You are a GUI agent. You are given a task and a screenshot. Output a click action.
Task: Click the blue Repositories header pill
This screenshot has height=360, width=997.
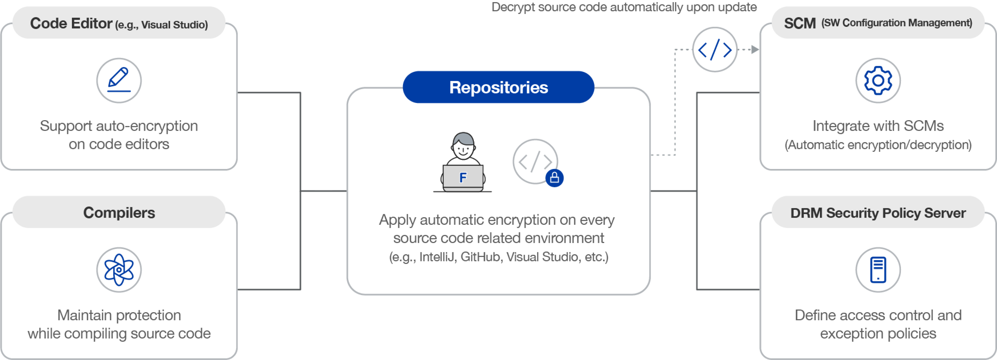coord(498,87)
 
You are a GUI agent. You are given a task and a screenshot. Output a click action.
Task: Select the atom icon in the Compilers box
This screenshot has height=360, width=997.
coord(119,270)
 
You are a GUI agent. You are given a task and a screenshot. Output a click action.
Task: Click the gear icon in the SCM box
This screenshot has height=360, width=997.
coord(878,80)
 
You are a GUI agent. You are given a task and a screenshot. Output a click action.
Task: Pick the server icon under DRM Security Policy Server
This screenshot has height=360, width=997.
coord(878,270)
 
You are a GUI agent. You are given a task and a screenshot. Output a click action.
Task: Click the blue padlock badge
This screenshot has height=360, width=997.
coord(554,178)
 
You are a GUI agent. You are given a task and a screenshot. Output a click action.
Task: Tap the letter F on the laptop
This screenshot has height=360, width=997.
coord(463,178)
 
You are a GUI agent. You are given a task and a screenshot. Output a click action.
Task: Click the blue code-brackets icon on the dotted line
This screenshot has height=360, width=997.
coord(715,50)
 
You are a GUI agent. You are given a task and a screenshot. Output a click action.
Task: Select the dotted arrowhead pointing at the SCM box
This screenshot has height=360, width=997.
coord(755,50)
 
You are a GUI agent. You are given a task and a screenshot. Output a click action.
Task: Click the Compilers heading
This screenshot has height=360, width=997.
coord(119,213)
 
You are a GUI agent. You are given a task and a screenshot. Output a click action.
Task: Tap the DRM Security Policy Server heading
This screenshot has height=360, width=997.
coord(878,213)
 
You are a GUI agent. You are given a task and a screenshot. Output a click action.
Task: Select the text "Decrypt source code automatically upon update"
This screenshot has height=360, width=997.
coord(624,7)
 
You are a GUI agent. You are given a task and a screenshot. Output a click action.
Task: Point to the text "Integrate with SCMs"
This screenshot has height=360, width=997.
coord(878,126)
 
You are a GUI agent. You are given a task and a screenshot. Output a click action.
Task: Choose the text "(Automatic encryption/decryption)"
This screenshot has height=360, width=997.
coord(878,145)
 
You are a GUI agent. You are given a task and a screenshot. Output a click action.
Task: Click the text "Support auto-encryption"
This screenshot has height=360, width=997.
coord(119,126)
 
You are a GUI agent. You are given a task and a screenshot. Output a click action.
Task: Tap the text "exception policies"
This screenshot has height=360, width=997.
coord(878,333)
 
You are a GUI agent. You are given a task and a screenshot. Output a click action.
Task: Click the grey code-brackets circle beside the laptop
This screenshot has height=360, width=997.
coord(535,161)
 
